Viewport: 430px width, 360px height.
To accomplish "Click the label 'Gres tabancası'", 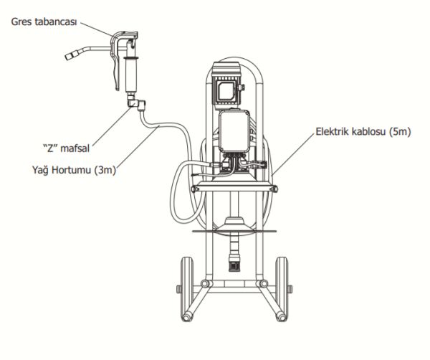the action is coord(44,22).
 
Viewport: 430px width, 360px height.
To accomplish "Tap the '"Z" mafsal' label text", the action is coord(66,148).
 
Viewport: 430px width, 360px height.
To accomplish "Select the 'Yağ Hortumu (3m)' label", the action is coord(74,170).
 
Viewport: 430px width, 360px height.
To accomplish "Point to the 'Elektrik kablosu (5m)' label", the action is coord(363,131).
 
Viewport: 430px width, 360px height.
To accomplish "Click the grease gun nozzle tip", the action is coord(70,56).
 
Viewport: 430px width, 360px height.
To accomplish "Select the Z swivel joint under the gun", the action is coord(136,103).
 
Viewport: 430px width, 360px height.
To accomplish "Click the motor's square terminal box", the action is coord(227,89).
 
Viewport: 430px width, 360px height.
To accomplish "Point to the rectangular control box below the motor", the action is coord(234,131).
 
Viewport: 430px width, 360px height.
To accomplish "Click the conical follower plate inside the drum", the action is coord(234,224).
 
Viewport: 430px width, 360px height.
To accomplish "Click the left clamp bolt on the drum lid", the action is coord(196,189).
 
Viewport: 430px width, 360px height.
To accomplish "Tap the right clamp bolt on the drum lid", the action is coord(274,189).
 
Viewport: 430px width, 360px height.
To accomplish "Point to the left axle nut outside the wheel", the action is coord(178,289).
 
